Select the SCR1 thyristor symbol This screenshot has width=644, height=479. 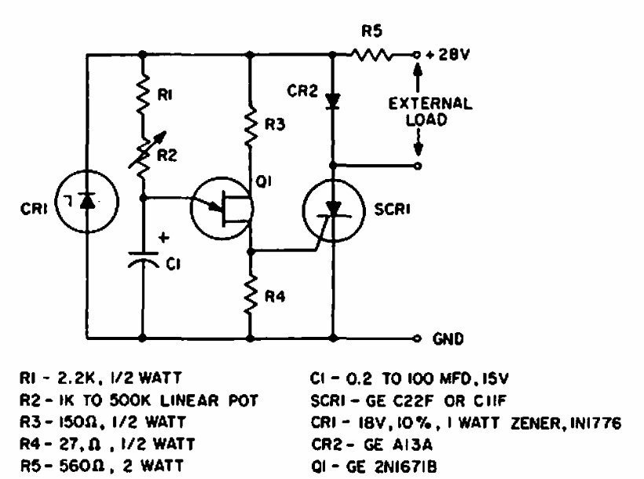[x=336, y=210]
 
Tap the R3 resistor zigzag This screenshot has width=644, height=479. [x=251, y=126]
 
